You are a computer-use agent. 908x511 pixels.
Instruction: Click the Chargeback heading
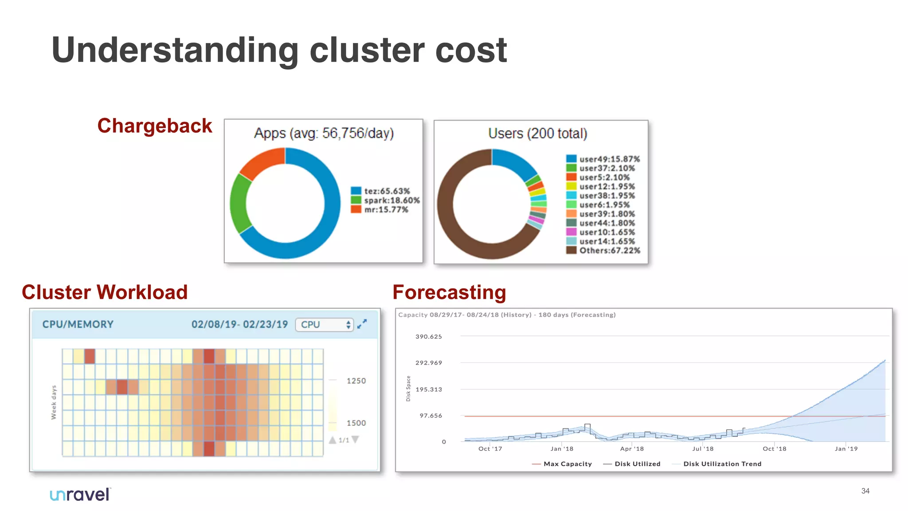(x=155, y=126)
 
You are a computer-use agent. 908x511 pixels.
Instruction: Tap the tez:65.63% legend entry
(x=381, y=191)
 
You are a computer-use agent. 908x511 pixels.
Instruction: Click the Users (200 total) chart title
(x=537, y=134)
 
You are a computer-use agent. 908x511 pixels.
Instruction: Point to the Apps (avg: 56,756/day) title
(x=324, y=133)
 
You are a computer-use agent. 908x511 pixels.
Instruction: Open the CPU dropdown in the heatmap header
(x=325, y=325)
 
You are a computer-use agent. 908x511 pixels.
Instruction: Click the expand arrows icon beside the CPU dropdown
(x=362, y=324)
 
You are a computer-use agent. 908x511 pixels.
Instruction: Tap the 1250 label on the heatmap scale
(x=356, y=381)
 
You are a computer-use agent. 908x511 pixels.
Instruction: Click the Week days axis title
(x=54, y=402)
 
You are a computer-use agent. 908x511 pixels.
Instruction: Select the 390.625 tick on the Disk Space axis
(x=428, y=337)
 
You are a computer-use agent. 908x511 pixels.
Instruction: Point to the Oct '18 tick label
(x=774, y=449)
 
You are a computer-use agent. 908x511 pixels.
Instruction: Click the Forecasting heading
(x=449, y=293)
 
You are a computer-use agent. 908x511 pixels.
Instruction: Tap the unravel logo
(x=80, y=495)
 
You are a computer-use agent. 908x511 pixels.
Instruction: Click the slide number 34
(x=865, y=491)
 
